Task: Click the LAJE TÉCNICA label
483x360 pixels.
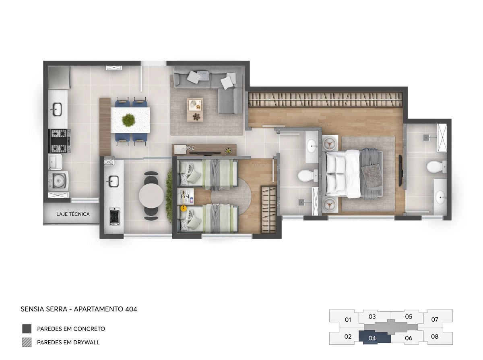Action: [x=73, y=214]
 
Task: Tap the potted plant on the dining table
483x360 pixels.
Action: [x=128, y=120]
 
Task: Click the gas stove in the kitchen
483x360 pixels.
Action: [x=59, y=141]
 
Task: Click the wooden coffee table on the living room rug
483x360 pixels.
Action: [x=195, y=110]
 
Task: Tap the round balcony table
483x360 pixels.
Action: [x=151, y=196]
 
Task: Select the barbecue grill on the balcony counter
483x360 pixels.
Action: [x=115, y=216]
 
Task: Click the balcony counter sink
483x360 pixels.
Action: [x=113, y=181]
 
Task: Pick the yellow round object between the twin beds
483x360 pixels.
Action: [x=184, y=208]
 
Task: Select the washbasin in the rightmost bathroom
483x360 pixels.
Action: [x=440, y=197]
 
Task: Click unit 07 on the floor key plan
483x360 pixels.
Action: [x=435, y=319]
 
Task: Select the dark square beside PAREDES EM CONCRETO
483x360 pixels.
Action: [x=27, y=329]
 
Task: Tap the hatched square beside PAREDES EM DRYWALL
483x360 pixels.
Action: [x=27, y=342]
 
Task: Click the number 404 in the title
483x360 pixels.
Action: [x=131, y=309]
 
